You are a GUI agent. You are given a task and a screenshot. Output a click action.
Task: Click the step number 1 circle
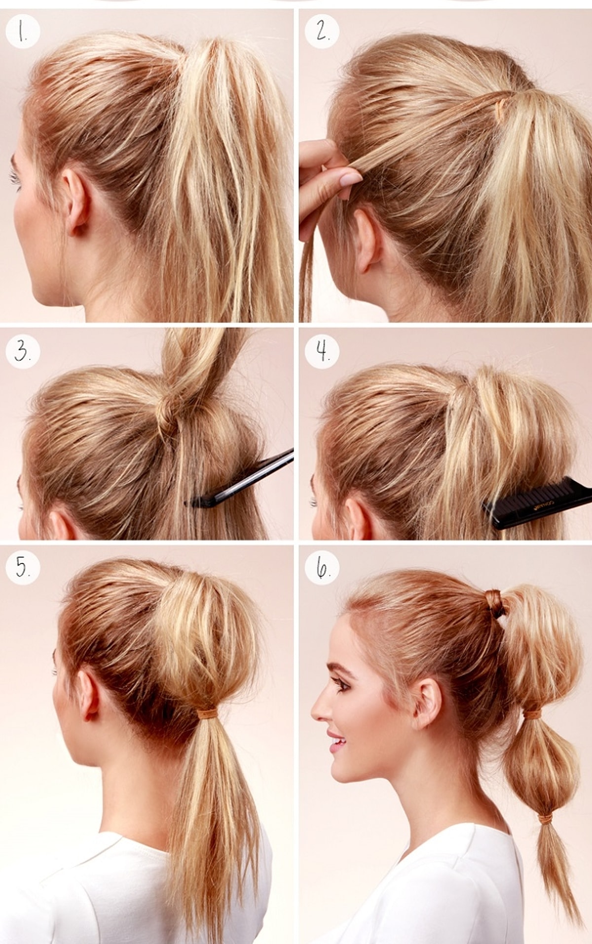click(22, 32)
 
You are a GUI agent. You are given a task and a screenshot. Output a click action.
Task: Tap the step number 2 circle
click(322, 32)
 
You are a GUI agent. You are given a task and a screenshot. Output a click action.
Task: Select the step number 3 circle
click(22, 352)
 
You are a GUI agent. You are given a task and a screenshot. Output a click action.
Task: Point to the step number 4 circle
click(322, 352)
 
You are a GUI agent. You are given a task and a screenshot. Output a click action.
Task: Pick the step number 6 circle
click(322, 568)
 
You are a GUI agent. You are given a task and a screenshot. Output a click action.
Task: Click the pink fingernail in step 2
click(351, 178)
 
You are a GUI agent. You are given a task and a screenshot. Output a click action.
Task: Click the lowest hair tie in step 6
click(545, 819)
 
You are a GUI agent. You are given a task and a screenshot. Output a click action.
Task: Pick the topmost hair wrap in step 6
click(495, 602)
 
